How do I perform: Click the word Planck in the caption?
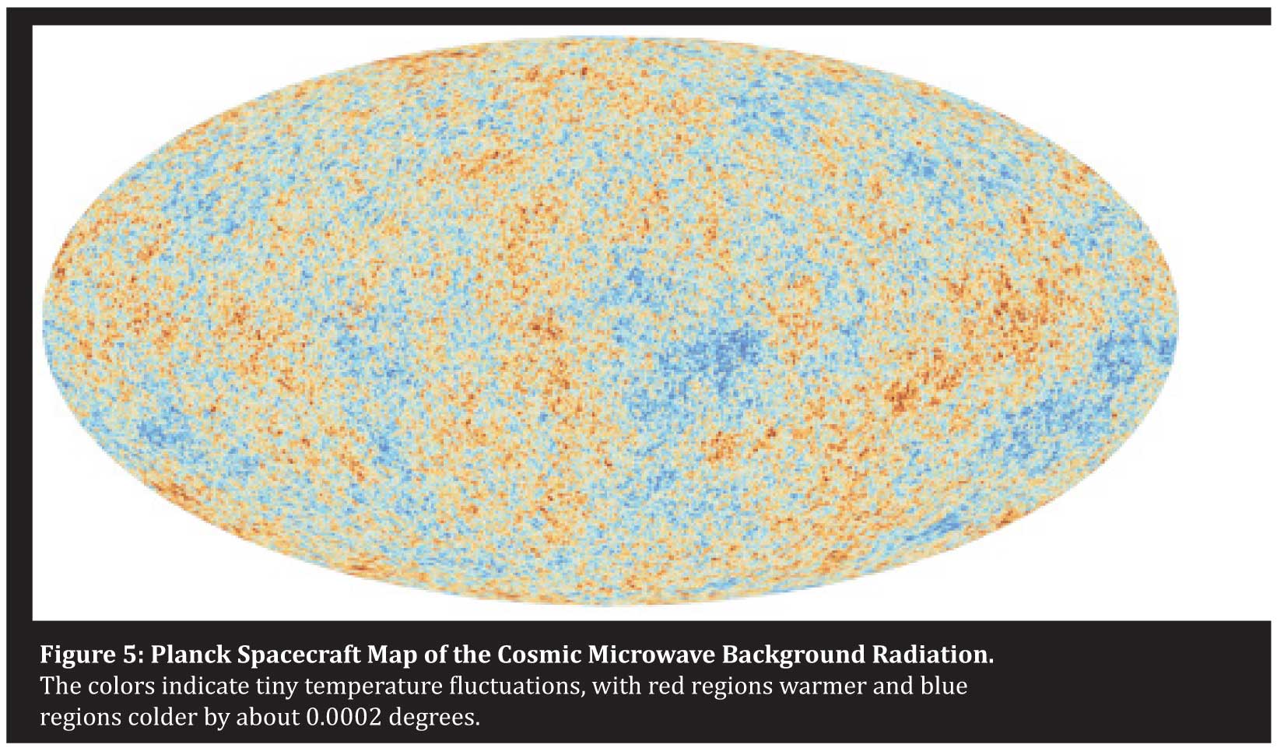[x=190, y=655]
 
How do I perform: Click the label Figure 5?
[x=91, y=655]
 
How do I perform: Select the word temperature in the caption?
[x=374, y=687]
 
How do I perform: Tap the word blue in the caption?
[x=944, y=687]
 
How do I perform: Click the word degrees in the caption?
[x=433, y=717]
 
